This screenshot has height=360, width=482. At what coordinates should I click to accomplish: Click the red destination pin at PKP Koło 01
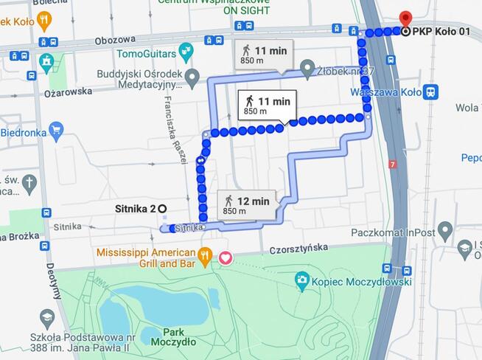pyautogui.click(x=405, y=18)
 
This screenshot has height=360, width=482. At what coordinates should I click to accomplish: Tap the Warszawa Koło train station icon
pyautogui.click(x=431, y=92)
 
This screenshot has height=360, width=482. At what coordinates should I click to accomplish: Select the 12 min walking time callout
pyautogui.click(x=247, y=204)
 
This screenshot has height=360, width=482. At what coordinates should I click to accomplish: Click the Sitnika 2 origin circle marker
pyautogui.click(x=162, y=209)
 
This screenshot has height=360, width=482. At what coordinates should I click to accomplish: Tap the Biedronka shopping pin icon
pyautogui.click(x=57, y=132)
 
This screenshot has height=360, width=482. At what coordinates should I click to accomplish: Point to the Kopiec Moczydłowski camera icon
pyautogui.click(x=301, y=279)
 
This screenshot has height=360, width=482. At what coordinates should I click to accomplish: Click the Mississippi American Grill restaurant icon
pyautogui.click(x=206, y=256)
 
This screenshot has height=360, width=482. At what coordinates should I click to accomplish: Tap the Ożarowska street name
pyautogui.click(x=68, y=91)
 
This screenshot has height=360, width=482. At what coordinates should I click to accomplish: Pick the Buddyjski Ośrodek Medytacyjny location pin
pyautogui.click(x=192, y=77)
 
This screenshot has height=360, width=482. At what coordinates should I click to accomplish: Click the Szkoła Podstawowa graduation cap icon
pyautogui.click(x=47, y=319)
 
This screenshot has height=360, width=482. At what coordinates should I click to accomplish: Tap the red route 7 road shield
pyautogui.click(x=394, y=164)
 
